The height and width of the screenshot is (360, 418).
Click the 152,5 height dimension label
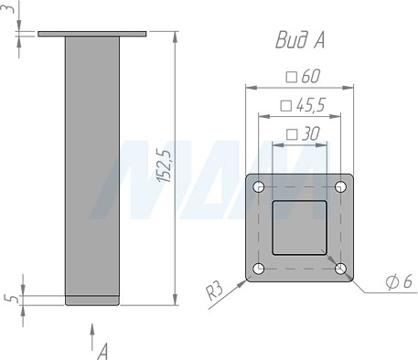tap(165, 166)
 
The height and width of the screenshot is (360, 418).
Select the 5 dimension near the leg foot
tap(13, 299)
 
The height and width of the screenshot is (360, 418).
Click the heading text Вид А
tap(300, 40)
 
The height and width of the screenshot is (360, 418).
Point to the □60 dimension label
tap(303, 76)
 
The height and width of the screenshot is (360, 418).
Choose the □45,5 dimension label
tap(303, 105)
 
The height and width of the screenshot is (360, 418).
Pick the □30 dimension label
tap(303, 134)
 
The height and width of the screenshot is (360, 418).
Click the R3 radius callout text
tap(215, 292)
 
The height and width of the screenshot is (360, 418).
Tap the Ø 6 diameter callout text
tap(399, 281)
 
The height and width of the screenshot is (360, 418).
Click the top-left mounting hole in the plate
tap(259, 186)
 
